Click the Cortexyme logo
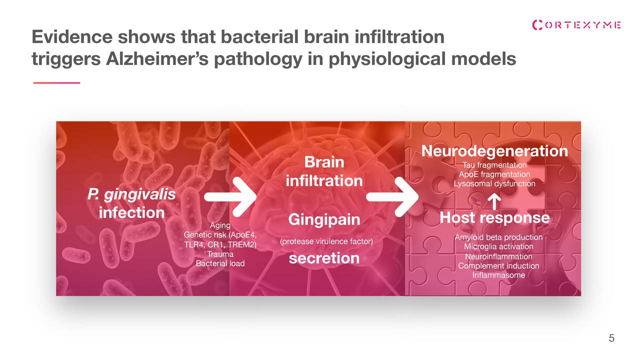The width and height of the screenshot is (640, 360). pyautogui.click(x=576, y=25)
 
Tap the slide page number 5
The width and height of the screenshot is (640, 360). pyautogui.click(x=611, y=338)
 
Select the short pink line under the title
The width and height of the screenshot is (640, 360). pyautogui.click(x=56, y=83)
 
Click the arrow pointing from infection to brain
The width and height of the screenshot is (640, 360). pyautogui.click(x=230, y=196)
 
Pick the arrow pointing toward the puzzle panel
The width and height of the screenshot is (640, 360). pyautogui.click(x=392, y=196)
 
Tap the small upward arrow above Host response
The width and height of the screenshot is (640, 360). pyautogui.click(x=494, y=201)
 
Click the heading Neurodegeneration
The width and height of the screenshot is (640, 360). pyautogui.click(x=494, y=151)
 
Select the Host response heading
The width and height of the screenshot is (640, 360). pyautogui.click(x=494, y=217)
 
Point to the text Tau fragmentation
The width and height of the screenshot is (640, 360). pyautogui.click(x=494, y=165)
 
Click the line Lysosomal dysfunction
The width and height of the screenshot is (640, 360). pyautogui.click(x=494, y=183)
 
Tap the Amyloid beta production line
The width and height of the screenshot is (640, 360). pyautogui.click(x=498, y=237)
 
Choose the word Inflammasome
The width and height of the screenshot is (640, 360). pyautogui.click(x=498, y=275)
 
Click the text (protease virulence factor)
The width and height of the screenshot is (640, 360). pyautogui.click(x=326, y=241)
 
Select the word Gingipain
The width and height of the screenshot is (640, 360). pyautogui.click(x=324, y=219)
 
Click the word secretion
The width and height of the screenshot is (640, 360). pyautogui.click(x=324, y=258)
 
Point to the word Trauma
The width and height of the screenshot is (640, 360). pyautogui.click(x=220, y=254)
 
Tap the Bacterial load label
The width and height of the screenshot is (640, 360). pyautogui.click(x=220, y=263)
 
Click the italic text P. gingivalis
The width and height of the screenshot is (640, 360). pyautogui.click(x=131, y=194)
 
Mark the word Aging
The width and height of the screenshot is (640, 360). pyautogui.click(x=220, y=225)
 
